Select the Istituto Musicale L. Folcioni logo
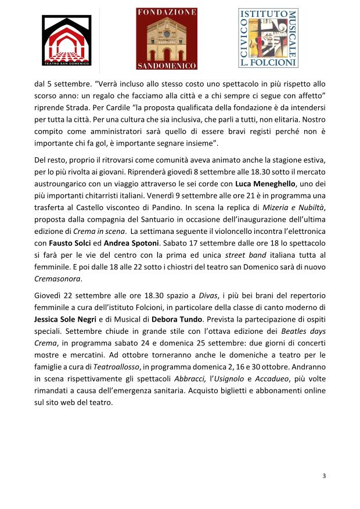[x=268, y=37]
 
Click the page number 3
[x=324, y=476]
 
